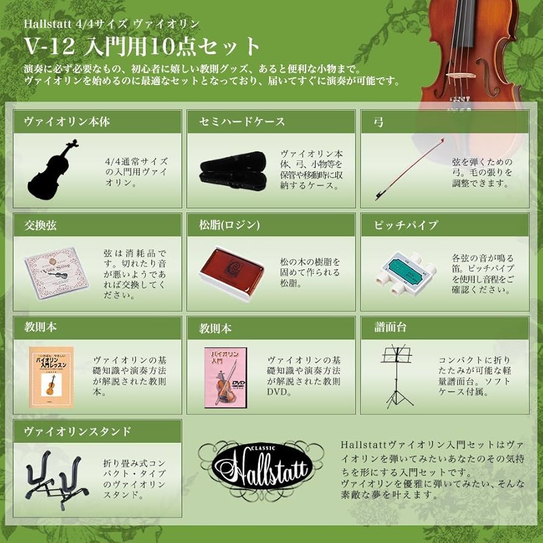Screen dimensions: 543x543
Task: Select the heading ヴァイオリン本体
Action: click(67, 121)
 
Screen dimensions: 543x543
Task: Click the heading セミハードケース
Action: click(242, 121)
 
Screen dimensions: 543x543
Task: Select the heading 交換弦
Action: click(41, 225)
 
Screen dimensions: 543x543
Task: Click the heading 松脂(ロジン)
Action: click(230, 225)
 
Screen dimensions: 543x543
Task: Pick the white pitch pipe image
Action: click(403, 271)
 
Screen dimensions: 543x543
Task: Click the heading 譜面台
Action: click(392, 328)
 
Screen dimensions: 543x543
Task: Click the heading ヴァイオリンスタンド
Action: click(77, 431)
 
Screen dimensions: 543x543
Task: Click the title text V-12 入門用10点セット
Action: click(143, 46)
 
